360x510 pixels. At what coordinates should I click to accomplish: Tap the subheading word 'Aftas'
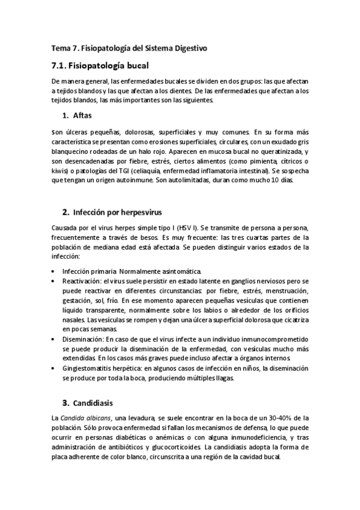(x=82, y=115)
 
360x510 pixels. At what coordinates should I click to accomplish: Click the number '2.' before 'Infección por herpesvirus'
(x=66, y=212)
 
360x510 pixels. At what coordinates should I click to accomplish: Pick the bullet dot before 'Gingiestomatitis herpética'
(x=55, y=369)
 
